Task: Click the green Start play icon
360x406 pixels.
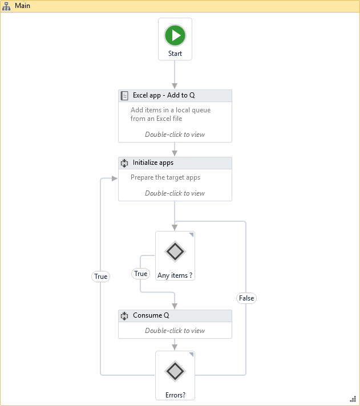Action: tap(175, 35)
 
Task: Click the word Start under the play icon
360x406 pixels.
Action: tap(175, 54)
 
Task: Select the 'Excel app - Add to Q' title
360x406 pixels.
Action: tap(164, 95)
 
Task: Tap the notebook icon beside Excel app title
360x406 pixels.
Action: tap(124, 96)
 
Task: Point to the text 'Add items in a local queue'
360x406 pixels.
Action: tap(171, 110)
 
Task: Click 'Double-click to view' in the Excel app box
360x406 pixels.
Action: tap(175, 135)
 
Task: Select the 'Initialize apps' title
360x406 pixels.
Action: tap(153, 163)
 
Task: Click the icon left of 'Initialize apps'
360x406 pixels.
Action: tap(124, 163)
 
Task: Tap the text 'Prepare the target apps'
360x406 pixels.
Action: tap(165, 177)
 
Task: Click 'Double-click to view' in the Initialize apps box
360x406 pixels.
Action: tap(175, 193)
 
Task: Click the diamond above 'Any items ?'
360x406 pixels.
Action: tap(175, 251)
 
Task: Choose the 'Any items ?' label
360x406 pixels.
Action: tap(175, 275)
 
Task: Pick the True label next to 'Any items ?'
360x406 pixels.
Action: tap(140, 274)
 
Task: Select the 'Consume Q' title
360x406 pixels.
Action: tap(151, 315)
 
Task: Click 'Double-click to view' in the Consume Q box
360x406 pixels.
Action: tap(175, 331)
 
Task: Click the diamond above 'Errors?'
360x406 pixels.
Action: tap(175, 371)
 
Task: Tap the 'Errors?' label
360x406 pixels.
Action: tap(175, 395)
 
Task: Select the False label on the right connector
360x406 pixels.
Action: tap(246, 298)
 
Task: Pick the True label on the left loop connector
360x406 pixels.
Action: tap(100, 277)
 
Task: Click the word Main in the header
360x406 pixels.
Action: tap(23, 6)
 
